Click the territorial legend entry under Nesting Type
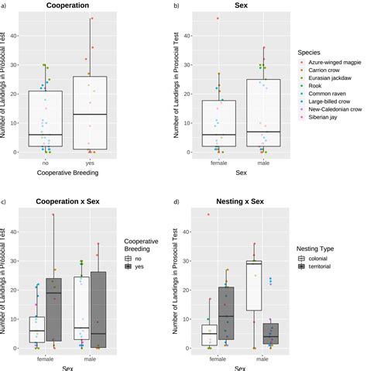click(x=322, y=267)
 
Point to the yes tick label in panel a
click(x=90, y=163)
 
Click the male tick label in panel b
click(x=262, y=163)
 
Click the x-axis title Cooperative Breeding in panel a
click(x=67, y=173)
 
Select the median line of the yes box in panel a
click(x=90, y=115)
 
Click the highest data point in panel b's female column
click(x=218, y=18)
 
